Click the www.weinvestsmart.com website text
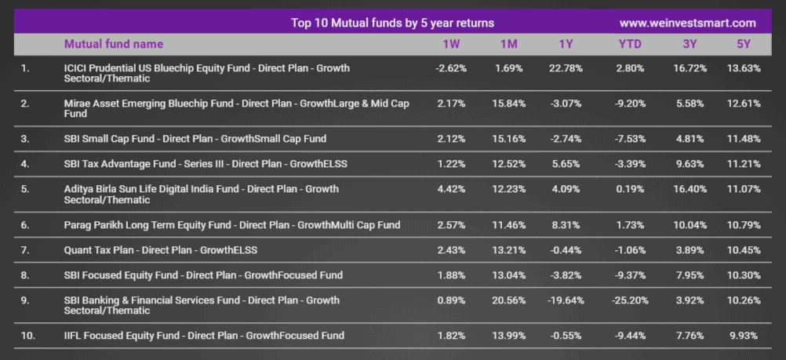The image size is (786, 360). pyautogui.click(x=688, y=23)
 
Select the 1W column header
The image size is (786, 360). pyautogui.click(x=451, y=44)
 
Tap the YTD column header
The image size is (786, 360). pyautogui.click(x=630, y=44)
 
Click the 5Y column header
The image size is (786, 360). pyautogui.click(x=744, y=44)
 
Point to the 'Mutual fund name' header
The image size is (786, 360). pyautogui.click(x=114, y=44)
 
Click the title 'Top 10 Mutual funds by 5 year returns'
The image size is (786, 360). pyautogui.click(x=392, y=23)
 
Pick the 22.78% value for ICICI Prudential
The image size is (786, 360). pyautogui.click(x=566, y=68)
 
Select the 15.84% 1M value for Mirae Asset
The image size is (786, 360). pyautogui.click(x=509, y=104)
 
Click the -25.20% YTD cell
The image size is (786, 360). pyautogui.click(x=630, y=300)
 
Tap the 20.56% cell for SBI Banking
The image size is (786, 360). pyautogui.click(x=509, y=300)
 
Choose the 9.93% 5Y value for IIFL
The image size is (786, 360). pyautogui.click(x=744, y=336)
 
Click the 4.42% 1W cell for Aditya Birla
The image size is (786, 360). pyautogui.click(x=451, y=189)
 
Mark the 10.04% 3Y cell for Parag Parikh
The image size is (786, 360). pyautogui.click(x=690, y=225)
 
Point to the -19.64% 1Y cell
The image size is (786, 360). pyautogui.click(x=566, y=300)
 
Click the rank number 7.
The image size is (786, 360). pyautogui.click(x=25, y=250)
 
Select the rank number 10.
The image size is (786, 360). pyautogui.click(x=28, y=336)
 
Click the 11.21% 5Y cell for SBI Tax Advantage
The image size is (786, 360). pyautogui.click(x=744, y=164)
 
